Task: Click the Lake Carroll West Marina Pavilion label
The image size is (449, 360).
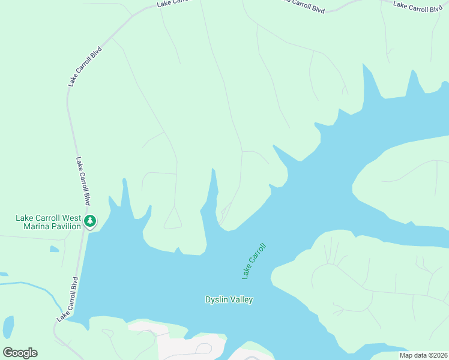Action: click(48, 221)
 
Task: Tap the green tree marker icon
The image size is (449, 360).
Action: click(90, 221)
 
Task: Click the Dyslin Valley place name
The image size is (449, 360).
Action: click(229, 299)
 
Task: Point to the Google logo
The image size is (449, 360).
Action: click(20, 353)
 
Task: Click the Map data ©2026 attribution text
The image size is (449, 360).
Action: click(423, 355)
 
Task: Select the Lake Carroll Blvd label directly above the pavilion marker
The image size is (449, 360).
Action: click(83, 181)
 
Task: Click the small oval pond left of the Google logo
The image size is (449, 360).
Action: click(8, 327)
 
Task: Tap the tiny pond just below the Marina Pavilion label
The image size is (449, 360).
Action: click(55, 248)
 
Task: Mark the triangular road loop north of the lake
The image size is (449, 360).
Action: click(173, 220)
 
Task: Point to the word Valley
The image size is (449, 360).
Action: click(241, 299)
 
